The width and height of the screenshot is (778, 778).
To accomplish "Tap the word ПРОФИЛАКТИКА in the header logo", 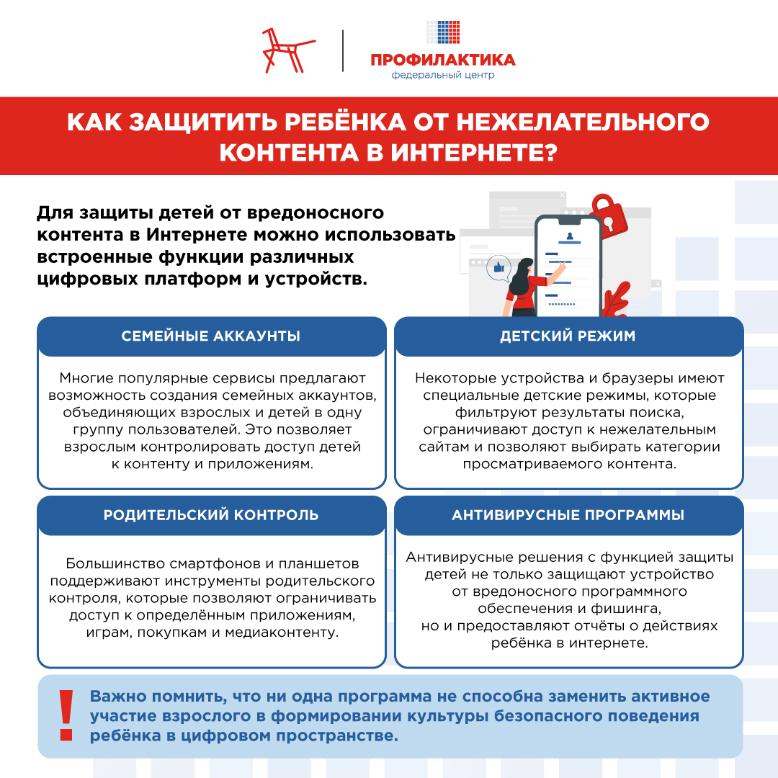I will pos(443,60).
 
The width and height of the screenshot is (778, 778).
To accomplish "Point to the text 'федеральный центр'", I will pos(443,75).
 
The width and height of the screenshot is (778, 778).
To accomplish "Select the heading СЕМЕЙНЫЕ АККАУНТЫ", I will pos(211,336).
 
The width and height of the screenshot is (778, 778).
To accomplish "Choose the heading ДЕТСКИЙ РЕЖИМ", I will pos(568,336).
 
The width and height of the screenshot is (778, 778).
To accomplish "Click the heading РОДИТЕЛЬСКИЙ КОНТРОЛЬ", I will pos(211,515).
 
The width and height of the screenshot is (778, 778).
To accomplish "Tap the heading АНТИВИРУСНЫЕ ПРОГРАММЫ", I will pos(568,515).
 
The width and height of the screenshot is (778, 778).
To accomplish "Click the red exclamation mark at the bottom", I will pos(66,716).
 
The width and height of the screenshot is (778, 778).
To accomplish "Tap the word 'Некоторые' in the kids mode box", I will pos(452,377).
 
